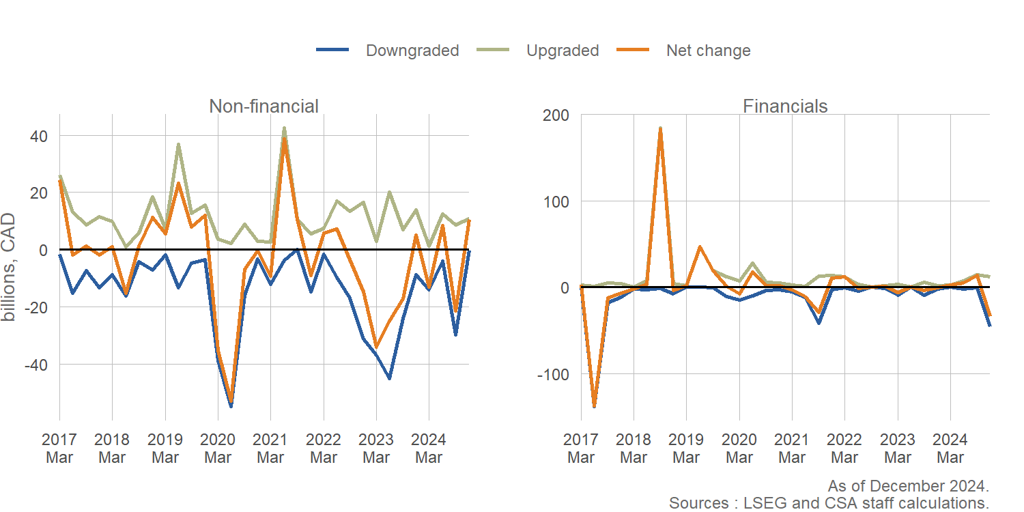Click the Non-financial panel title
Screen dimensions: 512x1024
pyautogui.click(x=264, y=106)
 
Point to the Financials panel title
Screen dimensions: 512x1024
pyautogui.click(x=785, y=106)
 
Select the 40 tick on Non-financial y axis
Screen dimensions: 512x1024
pyautogui.click(x=38, y=136)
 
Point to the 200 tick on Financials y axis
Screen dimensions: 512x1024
pyautogui.click(x=556, y=115)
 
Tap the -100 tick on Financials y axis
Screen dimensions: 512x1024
pyautogui.click(x=553, y=374)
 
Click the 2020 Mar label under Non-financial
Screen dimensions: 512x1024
pyautogui.click(x=218, y=448)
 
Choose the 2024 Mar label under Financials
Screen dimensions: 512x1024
pyautogui.click(x=950, y=448)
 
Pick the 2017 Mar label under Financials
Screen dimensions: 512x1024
pyautogui.click(x=581, y=448)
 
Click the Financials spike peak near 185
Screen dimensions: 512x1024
pyautogui.click(x=660, y=128)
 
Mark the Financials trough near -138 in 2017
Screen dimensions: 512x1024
pyautogui.click(x=594, y=406)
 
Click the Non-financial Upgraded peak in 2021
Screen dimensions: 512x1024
pyautogui.click(x=284, y=128)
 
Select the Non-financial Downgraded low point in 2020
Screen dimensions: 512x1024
pyautogui.click(x=231, y=406)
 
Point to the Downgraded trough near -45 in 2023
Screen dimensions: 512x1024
pyautogui.click(x=389, y=378)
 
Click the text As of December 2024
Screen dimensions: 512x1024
pyautogui.click(x=908, y=486)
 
